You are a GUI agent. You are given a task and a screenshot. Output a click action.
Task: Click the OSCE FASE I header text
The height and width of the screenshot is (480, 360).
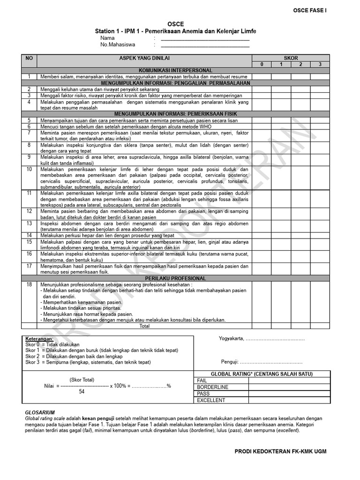[x=310, y=9]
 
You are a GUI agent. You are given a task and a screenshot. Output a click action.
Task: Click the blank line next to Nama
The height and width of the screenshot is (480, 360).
[x=205, y=39]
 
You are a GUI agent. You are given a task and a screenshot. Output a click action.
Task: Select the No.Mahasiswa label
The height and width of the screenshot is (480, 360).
[x=118, y=45]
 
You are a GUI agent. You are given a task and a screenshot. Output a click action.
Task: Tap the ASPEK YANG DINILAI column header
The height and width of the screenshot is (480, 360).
[x=144, y=58]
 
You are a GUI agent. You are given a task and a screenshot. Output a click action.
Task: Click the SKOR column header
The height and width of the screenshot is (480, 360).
[x=291, y=58]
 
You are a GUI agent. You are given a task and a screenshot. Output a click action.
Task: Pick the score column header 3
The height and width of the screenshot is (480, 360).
[x=320, y=64]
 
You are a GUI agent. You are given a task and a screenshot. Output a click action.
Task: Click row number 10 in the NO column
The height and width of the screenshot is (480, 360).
[x=29, y=169]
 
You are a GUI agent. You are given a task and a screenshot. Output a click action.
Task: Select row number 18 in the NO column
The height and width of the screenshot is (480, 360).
[x=29, y=285]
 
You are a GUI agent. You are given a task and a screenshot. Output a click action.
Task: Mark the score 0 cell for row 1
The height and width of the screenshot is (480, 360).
[x=262, y=76]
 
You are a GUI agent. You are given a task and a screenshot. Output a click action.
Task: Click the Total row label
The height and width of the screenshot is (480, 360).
[x=144, y=326]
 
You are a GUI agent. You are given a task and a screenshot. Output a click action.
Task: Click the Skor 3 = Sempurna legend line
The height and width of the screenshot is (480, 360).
[x=88, y=362]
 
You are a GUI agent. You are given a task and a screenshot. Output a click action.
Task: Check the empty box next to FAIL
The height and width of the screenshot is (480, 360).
[x=289, y=381]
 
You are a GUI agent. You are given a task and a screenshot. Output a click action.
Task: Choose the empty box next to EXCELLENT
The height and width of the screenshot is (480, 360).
[x=289, y=400]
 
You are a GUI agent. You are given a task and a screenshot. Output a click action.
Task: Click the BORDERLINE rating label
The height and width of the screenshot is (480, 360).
[x=213, y=387]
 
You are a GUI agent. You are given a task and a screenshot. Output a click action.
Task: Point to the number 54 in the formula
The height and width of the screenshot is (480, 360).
[x=82, y=391]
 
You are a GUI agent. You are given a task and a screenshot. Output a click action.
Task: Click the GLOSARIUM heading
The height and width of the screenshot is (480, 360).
[x=40, y=412]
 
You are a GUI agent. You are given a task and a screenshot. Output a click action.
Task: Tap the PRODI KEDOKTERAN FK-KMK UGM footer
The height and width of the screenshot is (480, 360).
[x=280, y=451]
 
